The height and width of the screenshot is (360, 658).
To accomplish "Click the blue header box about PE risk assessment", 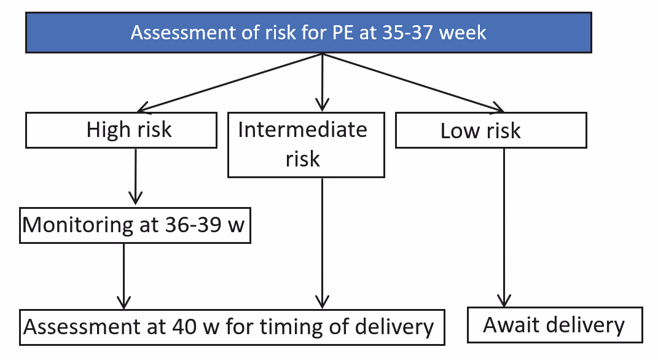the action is [308, 33].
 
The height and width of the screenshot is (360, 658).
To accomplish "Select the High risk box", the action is [121, 130].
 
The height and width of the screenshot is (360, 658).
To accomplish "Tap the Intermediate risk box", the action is [306, 145].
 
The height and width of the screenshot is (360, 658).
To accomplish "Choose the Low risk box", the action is [491, 130].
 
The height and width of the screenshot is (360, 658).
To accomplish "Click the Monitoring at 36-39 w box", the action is [135, 225].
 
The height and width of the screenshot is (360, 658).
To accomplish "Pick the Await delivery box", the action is [555, 325].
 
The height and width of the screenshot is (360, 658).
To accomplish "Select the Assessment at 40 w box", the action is [232, 327].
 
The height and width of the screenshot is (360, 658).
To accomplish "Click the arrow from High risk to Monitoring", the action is [136, 177].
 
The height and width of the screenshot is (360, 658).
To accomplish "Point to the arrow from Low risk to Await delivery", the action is [504, 227].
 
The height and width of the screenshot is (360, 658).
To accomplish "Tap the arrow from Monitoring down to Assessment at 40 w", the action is [123, 276].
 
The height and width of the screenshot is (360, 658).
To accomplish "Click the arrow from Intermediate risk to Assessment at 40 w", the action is [323, 243].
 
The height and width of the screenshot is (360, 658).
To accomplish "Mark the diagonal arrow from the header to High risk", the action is [230, 83].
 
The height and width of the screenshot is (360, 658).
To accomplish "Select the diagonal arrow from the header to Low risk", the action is [413, 83].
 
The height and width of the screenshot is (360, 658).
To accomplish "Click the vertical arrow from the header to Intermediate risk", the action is [323, 82].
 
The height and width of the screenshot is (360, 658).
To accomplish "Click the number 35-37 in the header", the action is [407, 33].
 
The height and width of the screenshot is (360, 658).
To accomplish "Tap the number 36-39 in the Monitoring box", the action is [193, 225].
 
